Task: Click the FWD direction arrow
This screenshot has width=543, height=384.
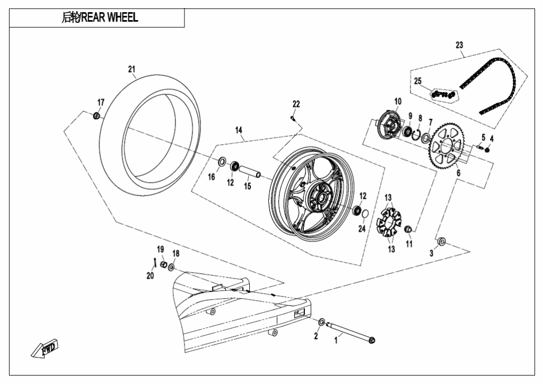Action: click(x=45, y=347)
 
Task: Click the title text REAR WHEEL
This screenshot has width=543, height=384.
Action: click(x=109, y=17)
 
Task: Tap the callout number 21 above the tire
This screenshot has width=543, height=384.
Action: click(x=132, y=69)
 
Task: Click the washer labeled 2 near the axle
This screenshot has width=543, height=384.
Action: click(x=321, y=322)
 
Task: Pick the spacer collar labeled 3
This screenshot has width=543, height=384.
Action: click(x=441, y=241)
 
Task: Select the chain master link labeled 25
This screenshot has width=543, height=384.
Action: click(x=443, y=94)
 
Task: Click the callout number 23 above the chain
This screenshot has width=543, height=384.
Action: click(x=459, y=45)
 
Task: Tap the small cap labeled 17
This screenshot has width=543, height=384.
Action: click(x=97, y=115)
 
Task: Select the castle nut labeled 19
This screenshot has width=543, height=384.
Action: click(x=164, y=265)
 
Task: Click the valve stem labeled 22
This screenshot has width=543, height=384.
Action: click(x=293, y=119)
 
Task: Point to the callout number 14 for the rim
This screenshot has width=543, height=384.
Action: click(x=239, y=130)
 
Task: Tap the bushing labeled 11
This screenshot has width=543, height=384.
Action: click(x=408, y=228)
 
